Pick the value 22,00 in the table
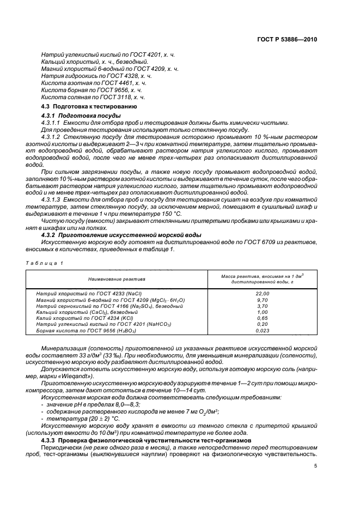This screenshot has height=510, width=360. pos(263,294)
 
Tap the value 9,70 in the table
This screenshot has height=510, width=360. pos(263,300)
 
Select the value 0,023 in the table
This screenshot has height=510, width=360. pos(263,331)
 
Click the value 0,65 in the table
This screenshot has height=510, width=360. pos(263,318)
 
